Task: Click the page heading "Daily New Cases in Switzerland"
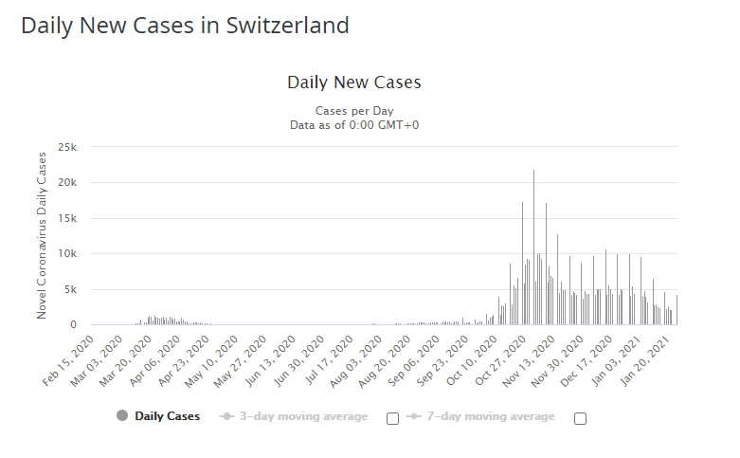click(x=185, y=25)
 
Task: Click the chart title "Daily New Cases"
click(x=353, y=82)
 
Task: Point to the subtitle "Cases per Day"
click(x=353, y=110)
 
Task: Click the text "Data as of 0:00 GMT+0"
click(x=353, y=123)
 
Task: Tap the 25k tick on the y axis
click(x=67, y=147)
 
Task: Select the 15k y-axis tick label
click(x=67, y=218)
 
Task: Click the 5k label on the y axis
click(x=70, y=289)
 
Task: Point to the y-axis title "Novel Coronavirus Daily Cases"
click(x=42, y=234)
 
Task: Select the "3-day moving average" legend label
click(x=303, y=416)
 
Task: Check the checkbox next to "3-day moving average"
click(x=392, y=418)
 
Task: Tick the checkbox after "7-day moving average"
click(x=580, y=418)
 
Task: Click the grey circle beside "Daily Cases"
click(x=121, y=416)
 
